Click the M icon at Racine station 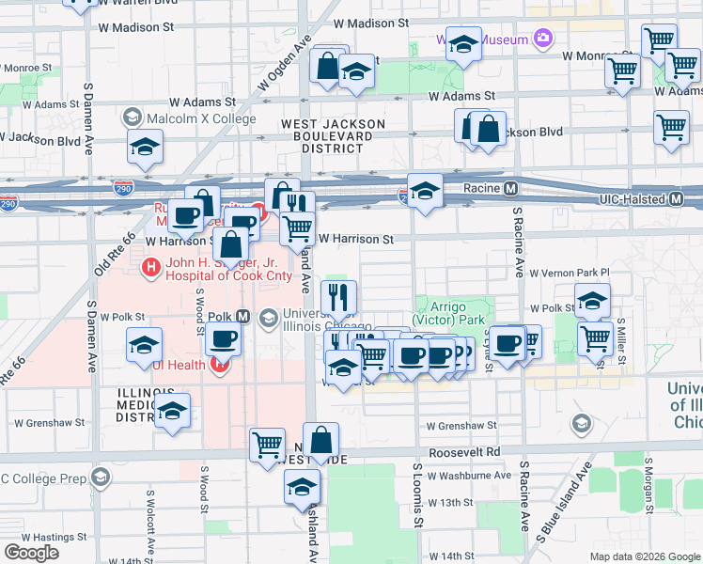click(511, 188)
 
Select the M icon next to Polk click(242, 317)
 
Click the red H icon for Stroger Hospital click(149, 269)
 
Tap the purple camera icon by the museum click(542, 39)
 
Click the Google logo click(32, 552)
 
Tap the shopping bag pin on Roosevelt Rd click(320, 439)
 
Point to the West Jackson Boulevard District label click(334, 136)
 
